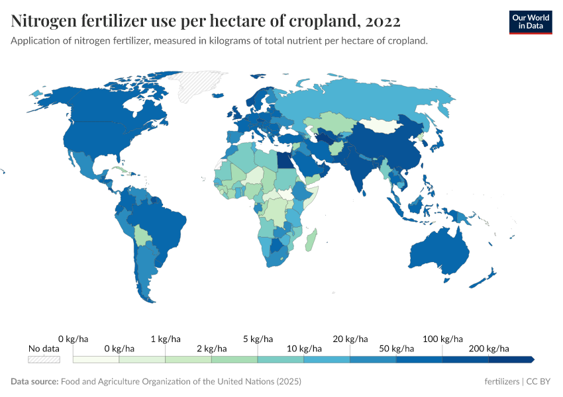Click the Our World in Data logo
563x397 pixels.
531,22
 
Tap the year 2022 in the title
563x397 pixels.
382,21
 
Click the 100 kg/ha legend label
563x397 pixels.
442,339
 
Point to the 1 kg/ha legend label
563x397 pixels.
166,339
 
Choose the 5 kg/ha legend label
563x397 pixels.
258,339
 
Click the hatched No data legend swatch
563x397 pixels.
44,359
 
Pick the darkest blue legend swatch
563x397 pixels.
511,359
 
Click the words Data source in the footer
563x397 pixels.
34,382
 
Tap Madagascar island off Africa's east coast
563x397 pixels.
312,239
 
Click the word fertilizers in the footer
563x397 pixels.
502,382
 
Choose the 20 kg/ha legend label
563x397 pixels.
350,339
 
